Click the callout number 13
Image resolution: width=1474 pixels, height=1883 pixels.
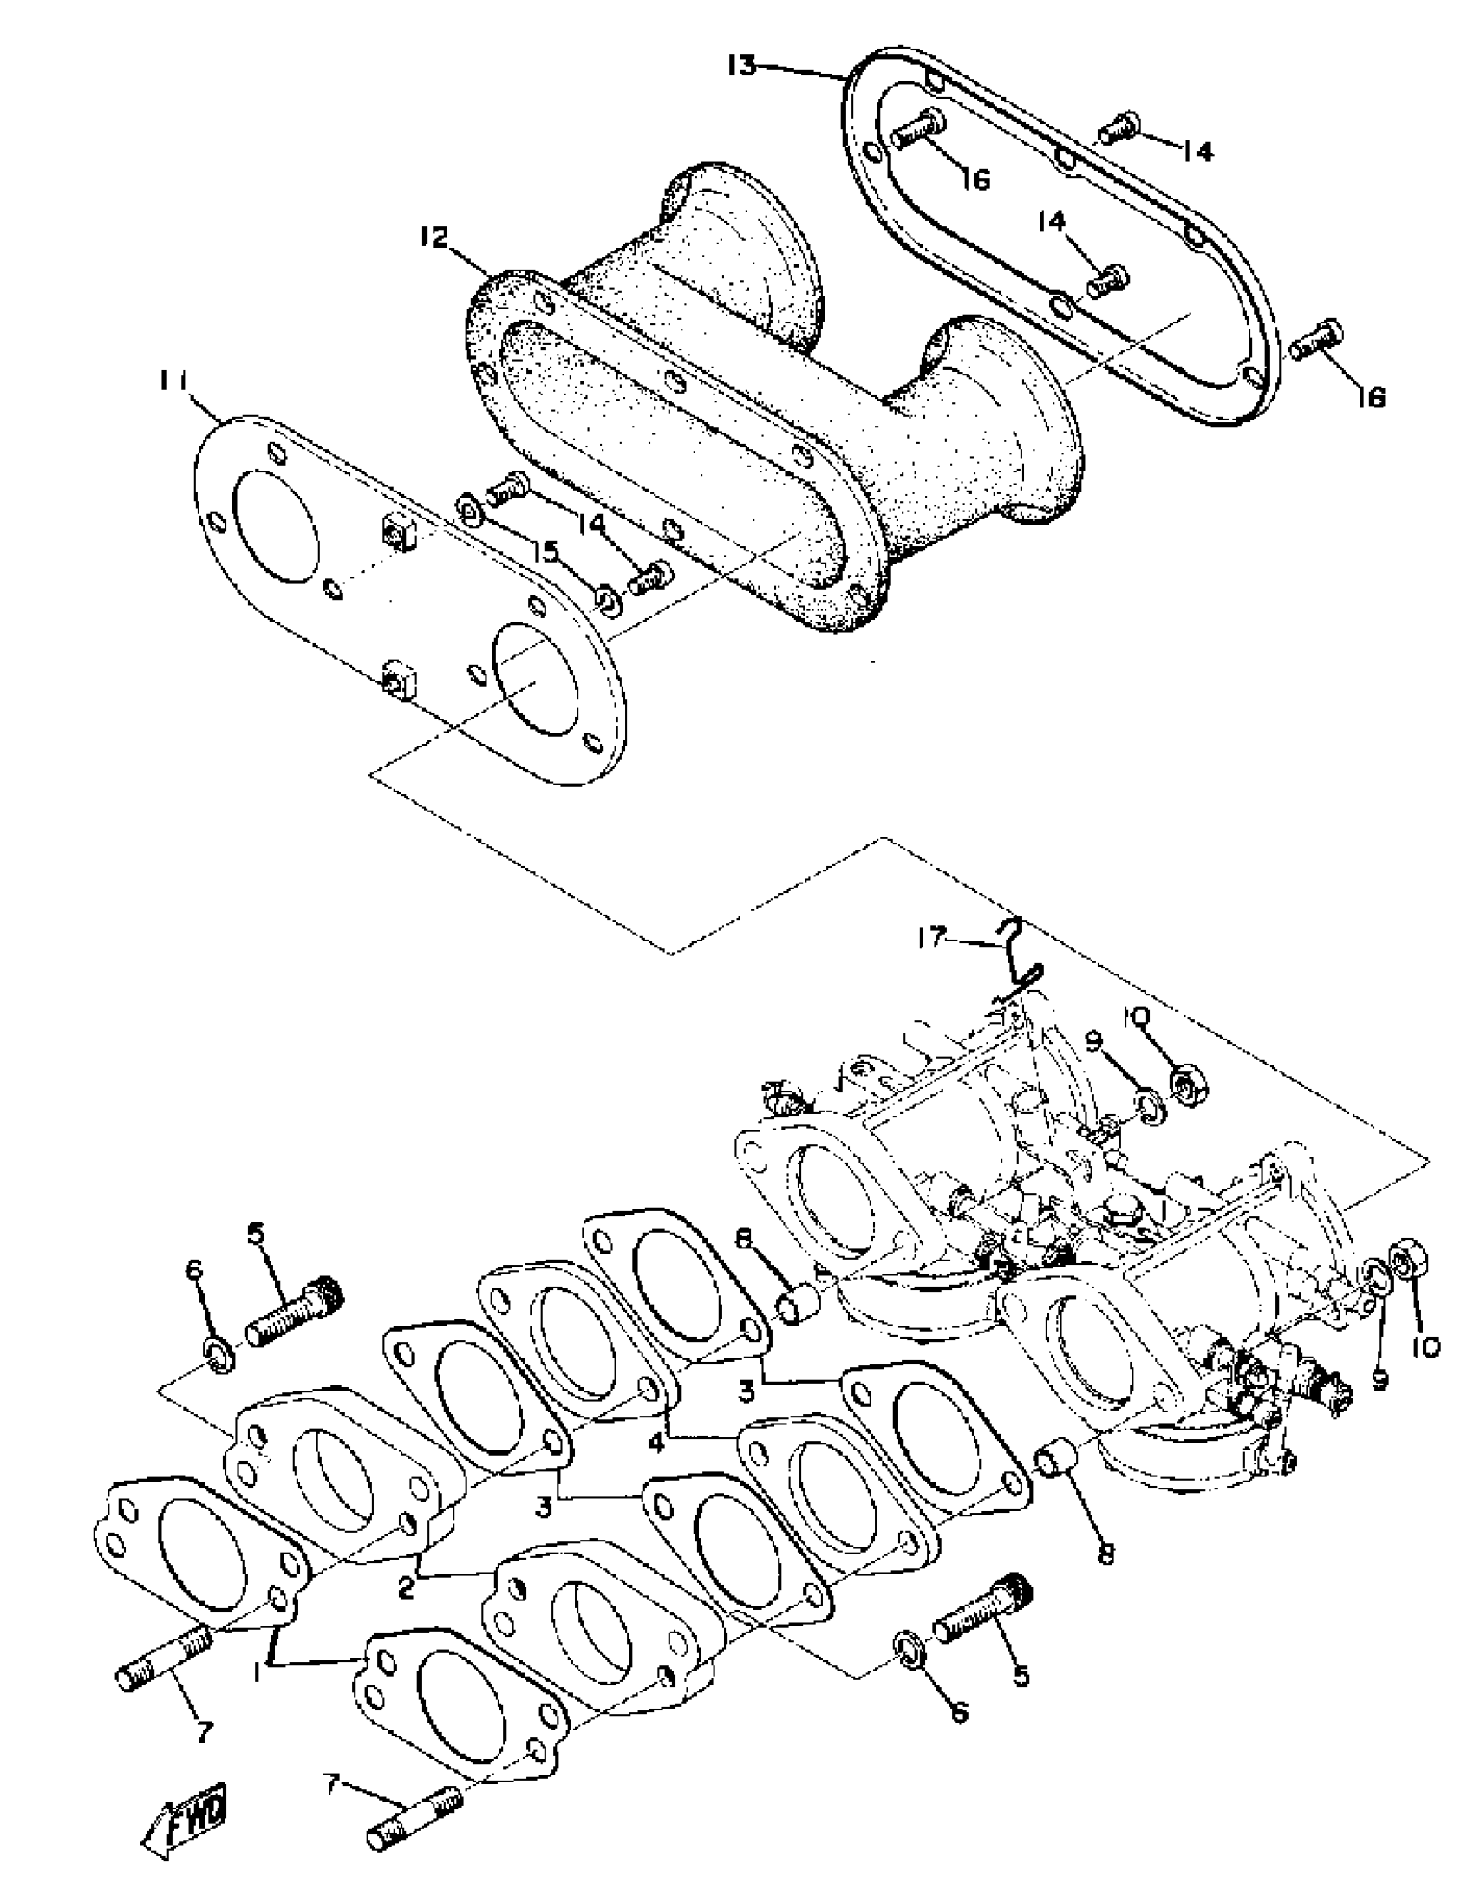point(742,66)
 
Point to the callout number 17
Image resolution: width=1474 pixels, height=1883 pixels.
point(932,938)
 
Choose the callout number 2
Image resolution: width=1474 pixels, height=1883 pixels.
point(405,1587)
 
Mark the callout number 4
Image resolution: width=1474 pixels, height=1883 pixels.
point(656,1443)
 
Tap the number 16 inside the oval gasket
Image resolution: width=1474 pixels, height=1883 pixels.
point(975,179)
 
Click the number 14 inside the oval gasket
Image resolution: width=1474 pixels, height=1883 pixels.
point(1052,222)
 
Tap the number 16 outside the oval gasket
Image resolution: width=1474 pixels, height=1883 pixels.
point(1371,396)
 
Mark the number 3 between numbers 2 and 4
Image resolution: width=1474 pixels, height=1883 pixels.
point(544,1507)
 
